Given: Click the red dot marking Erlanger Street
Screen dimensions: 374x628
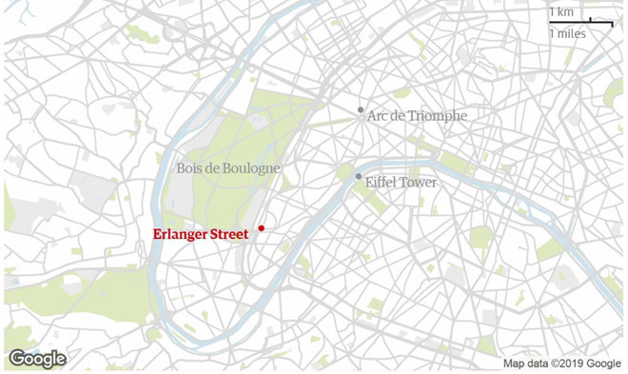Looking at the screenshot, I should pos(261,228).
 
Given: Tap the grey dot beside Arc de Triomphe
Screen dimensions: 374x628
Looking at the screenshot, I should pos(361,110).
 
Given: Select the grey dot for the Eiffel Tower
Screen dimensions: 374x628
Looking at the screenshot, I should pos(358,176).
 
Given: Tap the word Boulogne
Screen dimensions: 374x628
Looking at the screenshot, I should pos(253,168).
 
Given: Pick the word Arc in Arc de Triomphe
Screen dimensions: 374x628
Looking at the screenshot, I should pos(379,115).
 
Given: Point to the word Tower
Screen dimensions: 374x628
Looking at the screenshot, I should pos(420,182).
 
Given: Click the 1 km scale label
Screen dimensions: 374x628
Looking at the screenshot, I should pos(560,11).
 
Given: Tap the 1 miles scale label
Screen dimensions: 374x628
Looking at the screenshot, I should pos(567,33).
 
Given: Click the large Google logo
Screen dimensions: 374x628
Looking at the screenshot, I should pos(37,359).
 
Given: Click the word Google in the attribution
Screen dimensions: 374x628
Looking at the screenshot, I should pos(604,364).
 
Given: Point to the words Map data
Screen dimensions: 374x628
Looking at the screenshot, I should pos(526,364).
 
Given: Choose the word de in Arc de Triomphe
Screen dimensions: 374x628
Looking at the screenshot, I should pos(402,115).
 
